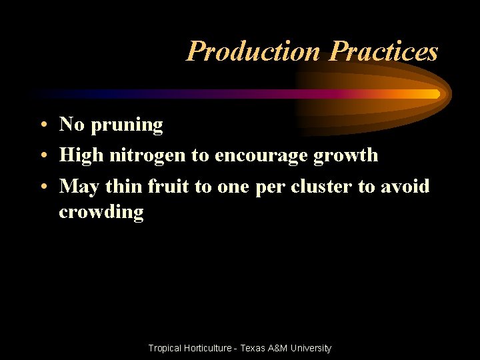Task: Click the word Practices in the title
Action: coord(384,51)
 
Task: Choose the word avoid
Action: coord(405,186)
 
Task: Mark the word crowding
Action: coord(101,213)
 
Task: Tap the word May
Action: coord(78,187)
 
